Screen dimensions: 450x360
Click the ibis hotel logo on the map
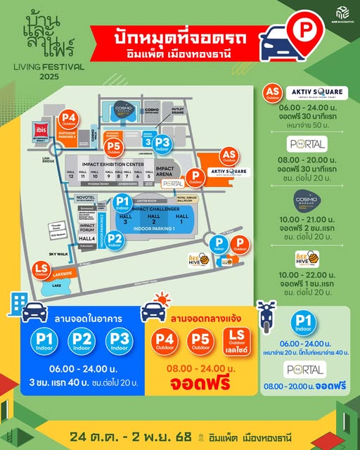(41, 130)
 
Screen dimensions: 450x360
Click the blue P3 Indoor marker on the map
(163, 143)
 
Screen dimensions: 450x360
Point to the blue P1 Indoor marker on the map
(124, 203)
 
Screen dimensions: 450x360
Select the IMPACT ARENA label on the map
(168, 172)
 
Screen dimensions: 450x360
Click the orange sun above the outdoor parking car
(160, 301)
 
